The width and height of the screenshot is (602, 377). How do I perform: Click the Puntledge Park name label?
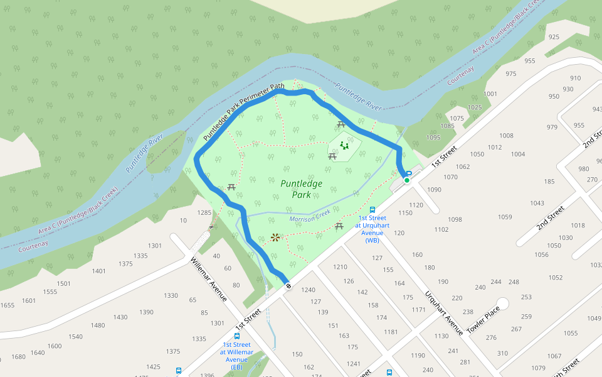click(x=301, y=189)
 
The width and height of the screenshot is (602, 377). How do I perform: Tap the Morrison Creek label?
click(x=310, y=216)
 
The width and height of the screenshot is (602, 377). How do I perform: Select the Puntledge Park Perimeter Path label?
click(x=244, y=111)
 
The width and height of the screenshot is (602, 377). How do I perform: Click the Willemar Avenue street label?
click(x=208, y=280)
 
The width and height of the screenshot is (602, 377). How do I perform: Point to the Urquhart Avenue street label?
click(x=444, y=312)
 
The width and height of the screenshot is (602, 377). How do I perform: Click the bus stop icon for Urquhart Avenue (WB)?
click(x=372, y=210)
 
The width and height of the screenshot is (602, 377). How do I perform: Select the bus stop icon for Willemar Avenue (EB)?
click(x=236, y=336)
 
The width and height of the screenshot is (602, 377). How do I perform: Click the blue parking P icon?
click(x=409, y=173)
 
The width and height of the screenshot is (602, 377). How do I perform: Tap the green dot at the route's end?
click(x=406, y=180)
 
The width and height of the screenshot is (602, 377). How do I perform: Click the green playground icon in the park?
click(x=344, y=146)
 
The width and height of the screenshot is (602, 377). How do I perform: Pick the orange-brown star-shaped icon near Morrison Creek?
click(x=275, y=237)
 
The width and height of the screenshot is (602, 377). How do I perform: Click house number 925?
click(x=554, y=37)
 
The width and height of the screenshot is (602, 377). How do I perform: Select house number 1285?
click(x=204, y=213)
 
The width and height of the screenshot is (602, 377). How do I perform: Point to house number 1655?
click(x=8, y=305)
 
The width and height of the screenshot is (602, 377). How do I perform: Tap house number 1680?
click(x=19, y=357)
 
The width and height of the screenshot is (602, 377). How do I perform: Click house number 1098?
click(x=455, y=219)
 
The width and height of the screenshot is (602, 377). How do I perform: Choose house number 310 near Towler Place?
click(x=502, y=353)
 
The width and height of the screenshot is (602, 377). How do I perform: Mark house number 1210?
click(x=340, y=267)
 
